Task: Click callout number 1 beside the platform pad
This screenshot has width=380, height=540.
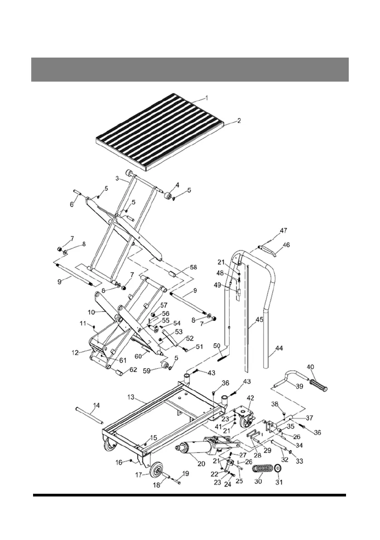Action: click(207, 98)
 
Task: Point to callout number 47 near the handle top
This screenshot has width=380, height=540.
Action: click(283, 231)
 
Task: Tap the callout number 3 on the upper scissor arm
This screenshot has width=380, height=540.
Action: click(117, 179)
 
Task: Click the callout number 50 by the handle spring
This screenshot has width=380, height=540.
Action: click(217, 346)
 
